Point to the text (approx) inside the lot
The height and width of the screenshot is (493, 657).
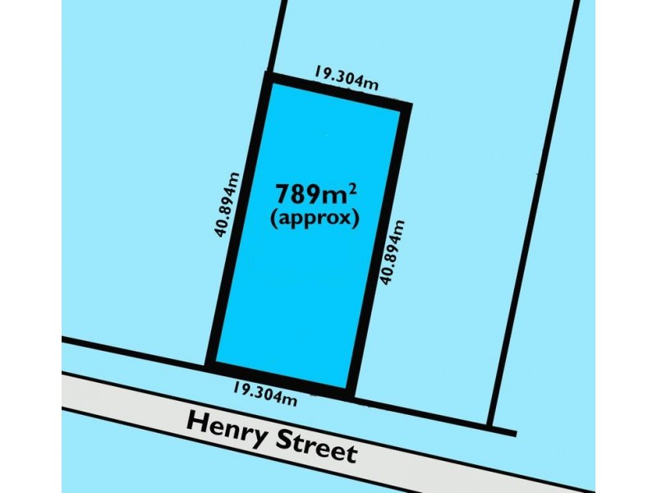click(x=314, y=220)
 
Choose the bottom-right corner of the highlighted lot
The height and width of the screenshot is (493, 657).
click(x=351, y=394)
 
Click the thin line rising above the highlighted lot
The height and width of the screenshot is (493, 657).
click(x=278, y=37)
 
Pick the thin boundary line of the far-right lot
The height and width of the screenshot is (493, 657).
click(x=534, y=214)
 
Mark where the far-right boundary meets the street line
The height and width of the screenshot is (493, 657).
click(x=491, y=428)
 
